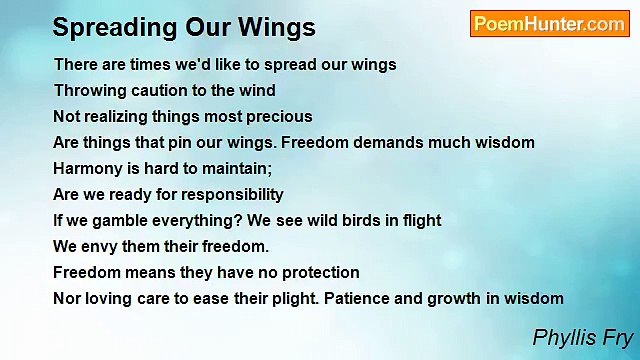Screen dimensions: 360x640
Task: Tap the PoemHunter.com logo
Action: (549, 24)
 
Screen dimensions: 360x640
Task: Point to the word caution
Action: (158, 90)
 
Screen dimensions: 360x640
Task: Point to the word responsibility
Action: (226, 194)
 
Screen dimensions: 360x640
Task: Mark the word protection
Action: (315, 272)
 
